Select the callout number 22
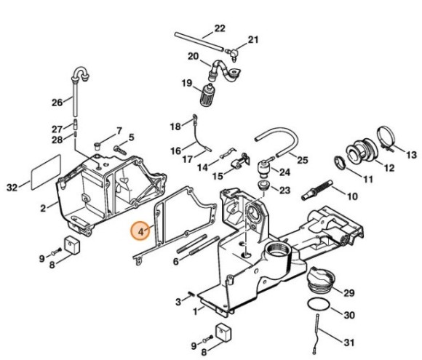(220, 30)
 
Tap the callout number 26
(57, 101)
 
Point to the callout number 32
(12, 188)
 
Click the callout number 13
(411, 155)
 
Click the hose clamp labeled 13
(386, 137)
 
